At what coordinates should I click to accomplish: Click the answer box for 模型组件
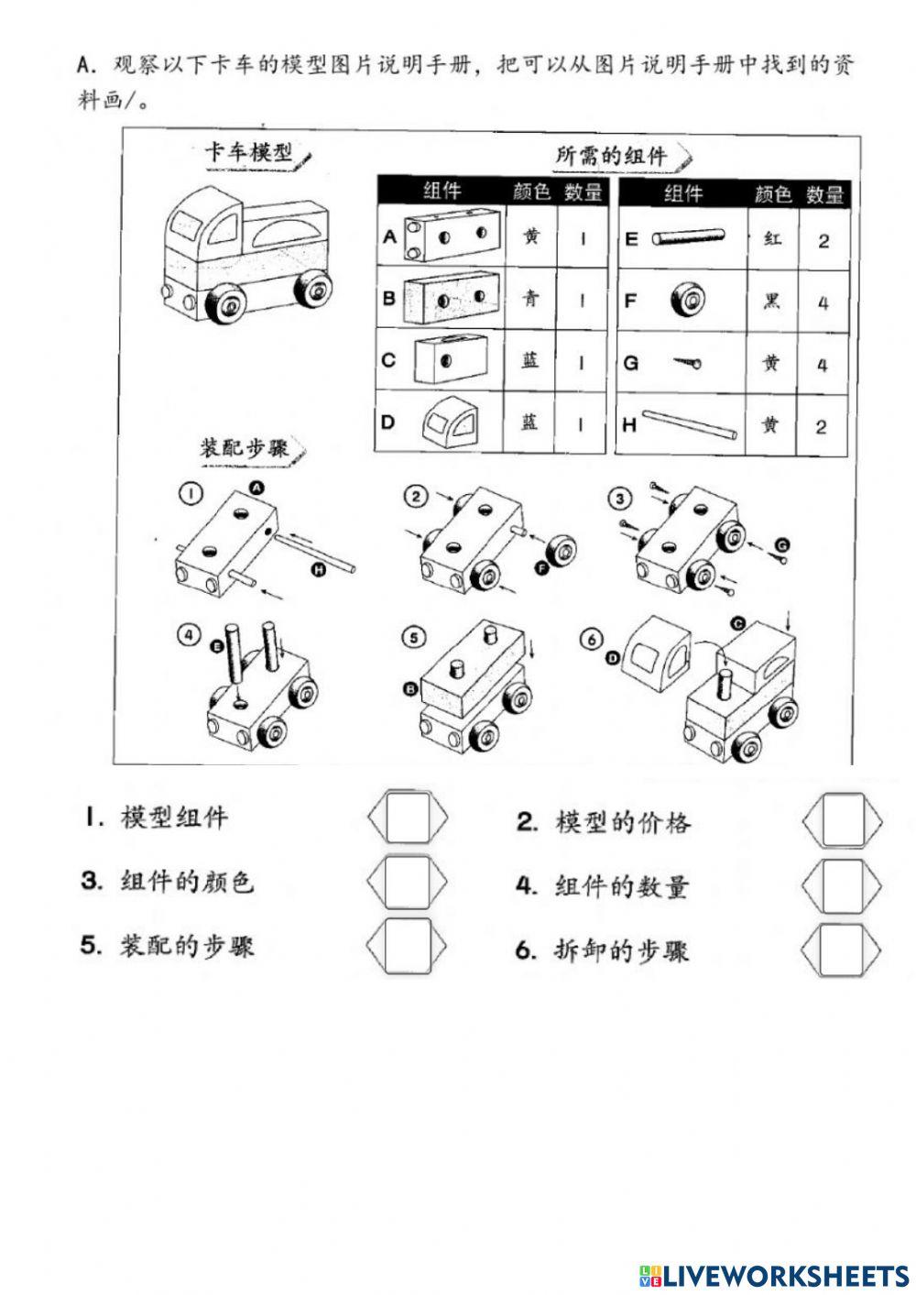point(408,817)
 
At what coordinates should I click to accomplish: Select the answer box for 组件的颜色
point(408,881)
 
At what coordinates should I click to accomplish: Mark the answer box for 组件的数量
point(843,884)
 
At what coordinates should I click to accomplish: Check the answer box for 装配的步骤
point(408,945)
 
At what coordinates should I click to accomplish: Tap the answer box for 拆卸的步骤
point(843,949)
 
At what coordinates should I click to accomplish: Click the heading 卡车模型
point(248,152)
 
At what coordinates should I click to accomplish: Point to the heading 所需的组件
point(611,155)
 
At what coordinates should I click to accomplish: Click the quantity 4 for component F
point(822,302)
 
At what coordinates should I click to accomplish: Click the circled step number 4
point(190,633)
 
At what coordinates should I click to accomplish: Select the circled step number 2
point(415,496)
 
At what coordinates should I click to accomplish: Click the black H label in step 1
point(319,570)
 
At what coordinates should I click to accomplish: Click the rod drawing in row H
point(690,424)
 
